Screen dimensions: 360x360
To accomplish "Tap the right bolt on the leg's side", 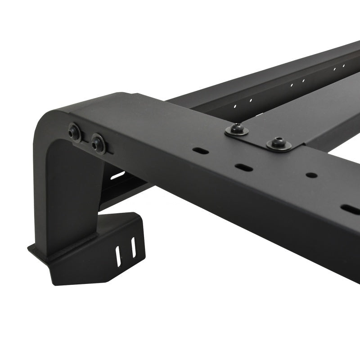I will pos(98,144).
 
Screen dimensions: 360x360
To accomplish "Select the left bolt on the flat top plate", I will pos(237,130).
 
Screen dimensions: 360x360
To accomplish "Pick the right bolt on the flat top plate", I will pos(279,143).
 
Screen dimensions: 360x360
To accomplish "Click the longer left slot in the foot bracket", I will pos(119,256).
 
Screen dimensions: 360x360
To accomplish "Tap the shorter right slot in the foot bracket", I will pos(133,248).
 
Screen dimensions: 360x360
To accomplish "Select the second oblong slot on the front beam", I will pos(243,167).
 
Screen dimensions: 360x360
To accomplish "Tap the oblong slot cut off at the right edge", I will pos(350,209).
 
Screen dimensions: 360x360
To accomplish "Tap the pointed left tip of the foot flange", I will pos(30,247).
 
